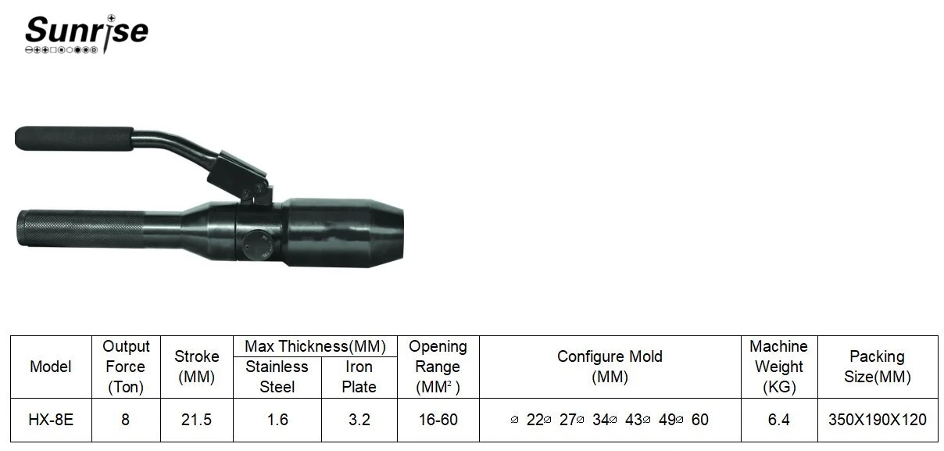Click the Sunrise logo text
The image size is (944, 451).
point(87,30)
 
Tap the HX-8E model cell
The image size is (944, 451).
point(51,420)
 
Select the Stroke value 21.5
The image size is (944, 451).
point(196,420)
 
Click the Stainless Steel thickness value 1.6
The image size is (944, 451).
point(277,420)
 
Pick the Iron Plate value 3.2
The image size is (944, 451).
point(359,420)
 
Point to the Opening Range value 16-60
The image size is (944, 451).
point(438,420)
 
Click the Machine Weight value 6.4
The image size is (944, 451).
point(779,420)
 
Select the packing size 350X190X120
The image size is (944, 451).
point(878,420)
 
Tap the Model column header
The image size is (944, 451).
point(51,367)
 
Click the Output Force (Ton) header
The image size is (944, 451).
point(126,367)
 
